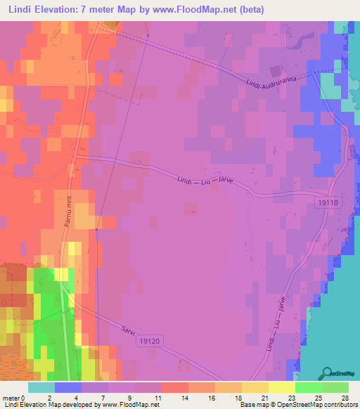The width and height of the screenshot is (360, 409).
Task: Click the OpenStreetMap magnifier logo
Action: [x=327, y=372]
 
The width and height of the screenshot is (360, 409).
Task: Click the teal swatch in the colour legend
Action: [x=41, y=387]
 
